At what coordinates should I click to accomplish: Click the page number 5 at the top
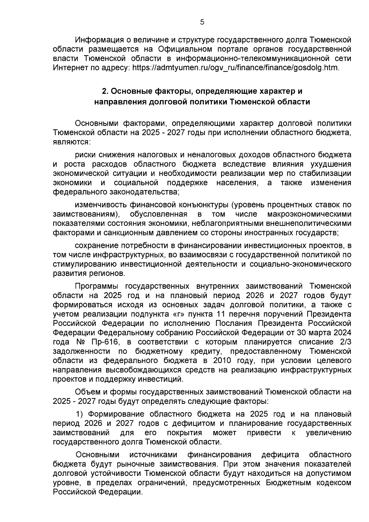coord(202,22)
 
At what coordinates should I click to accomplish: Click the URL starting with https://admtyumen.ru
coord(235,67)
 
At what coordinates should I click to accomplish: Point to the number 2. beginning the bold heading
coord(105,91)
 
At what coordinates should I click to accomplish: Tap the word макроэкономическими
coord(309,214)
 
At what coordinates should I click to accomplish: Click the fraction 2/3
coord(345,342)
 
